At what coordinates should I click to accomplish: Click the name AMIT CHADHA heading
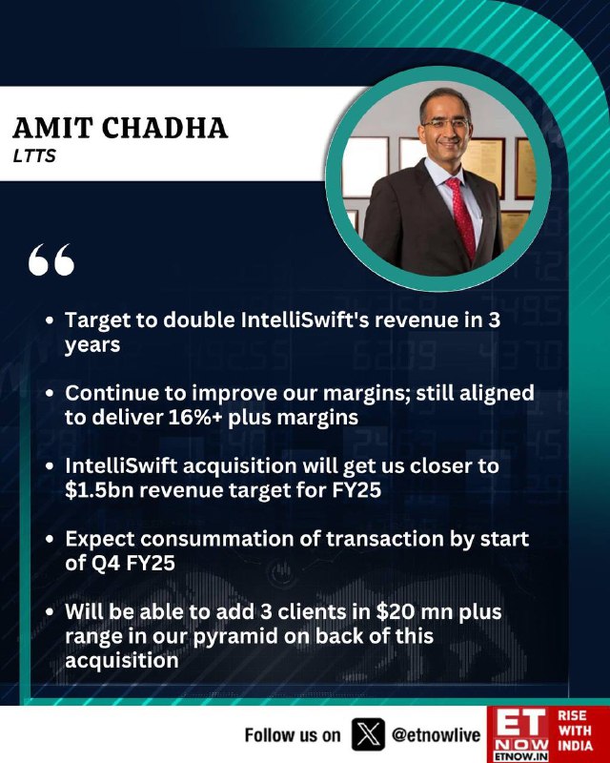click(120, 129)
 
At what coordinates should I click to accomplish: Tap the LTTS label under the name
click(34, 155)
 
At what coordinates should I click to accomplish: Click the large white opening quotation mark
click(51, 259)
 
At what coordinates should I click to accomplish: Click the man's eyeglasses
click(444, 124)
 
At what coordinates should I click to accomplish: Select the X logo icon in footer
click(368, 734)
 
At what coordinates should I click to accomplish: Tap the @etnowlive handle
click(437, 734)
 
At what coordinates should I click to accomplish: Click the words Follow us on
click(293, 734)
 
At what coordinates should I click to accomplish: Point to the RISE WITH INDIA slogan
click(575, 731)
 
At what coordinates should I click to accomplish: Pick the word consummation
click(230, 539)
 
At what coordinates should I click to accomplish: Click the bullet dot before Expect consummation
click(49, 540)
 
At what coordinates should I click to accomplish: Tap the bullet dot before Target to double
click(49, 320)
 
